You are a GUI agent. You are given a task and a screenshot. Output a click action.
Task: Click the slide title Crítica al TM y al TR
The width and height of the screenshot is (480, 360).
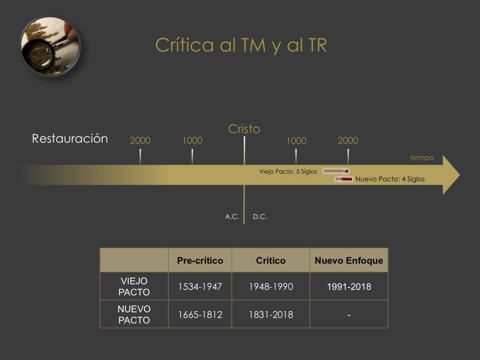[241, 45]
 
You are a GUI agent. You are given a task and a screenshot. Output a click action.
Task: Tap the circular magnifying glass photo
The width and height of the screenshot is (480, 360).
[50, 46]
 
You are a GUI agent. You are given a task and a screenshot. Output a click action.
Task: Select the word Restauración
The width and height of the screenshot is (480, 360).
[70, 138]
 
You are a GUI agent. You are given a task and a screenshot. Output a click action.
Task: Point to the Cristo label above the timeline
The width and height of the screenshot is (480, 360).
[244, 129]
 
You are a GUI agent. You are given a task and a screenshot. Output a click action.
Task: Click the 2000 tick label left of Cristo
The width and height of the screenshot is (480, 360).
[140, 140]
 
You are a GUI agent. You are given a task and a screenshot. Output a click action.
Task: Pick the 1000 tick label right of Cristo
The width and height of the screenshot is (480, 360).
[296, 140]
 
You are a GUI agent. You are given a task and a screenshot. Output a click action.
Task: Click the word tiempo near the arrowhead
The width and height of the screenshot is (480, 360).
[422, 158]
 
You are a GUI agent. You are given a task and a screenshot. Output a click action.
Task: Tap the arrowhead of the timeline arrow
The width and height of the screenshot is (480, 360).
[451, 175]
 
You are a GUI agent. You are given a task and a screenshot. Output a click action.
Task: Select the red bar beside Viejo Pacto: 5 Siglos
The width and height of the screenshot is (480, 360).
[336, 171]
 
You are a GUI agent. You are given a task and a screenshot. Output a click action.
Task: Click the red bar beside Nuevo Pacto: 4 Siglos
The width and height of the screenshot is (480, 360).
[344, 179]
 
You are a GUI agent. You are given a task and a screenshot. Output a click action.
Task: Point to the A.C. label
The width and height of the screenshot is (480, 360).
[232, 217]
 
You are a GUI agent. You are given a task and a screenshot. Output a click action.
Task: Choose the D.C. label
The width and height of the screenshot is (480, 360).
[260, 217]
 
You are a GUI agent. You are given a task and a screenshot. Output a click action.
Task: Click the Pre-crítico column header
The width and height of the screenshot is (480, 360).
[200, 260]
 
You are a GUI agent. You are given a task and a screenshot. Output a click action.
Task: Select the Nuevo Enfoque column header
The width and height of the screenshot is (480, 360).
[349, 260]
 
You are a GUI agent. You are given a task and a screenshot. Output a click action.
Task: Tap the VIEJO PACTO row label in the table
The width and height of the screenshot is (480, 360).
[134, 286]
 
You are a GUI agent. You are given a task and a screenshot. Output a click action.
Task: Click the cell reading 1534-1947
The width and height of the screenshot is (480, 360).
[200, 287]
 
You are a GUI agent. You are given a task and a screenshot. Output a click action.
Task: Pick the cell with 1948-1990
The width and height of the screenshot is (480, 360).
[271, 287]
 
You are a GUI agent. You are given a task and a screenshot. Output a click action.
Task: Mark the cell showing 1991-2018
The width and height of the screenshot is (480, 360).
[349, 287]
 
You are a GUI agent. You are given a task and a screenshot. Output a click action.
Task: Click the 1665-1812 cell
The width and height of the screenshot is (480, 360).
[200, 315]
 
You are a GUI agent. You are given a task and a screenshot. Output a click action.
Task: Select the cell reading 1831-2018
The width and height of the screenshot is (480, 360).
[271, 315]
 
